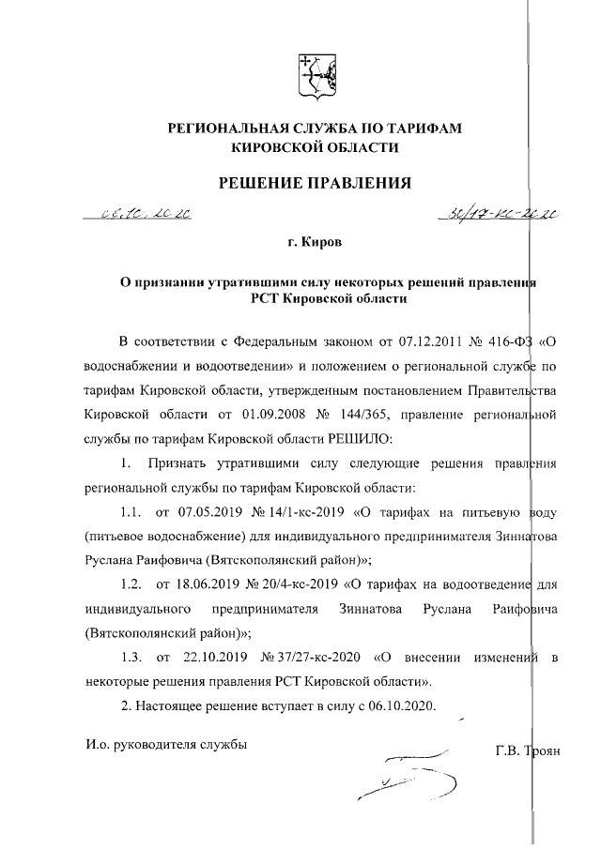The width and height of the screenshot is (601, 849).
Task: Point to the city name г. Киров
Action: pos(315,243)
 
